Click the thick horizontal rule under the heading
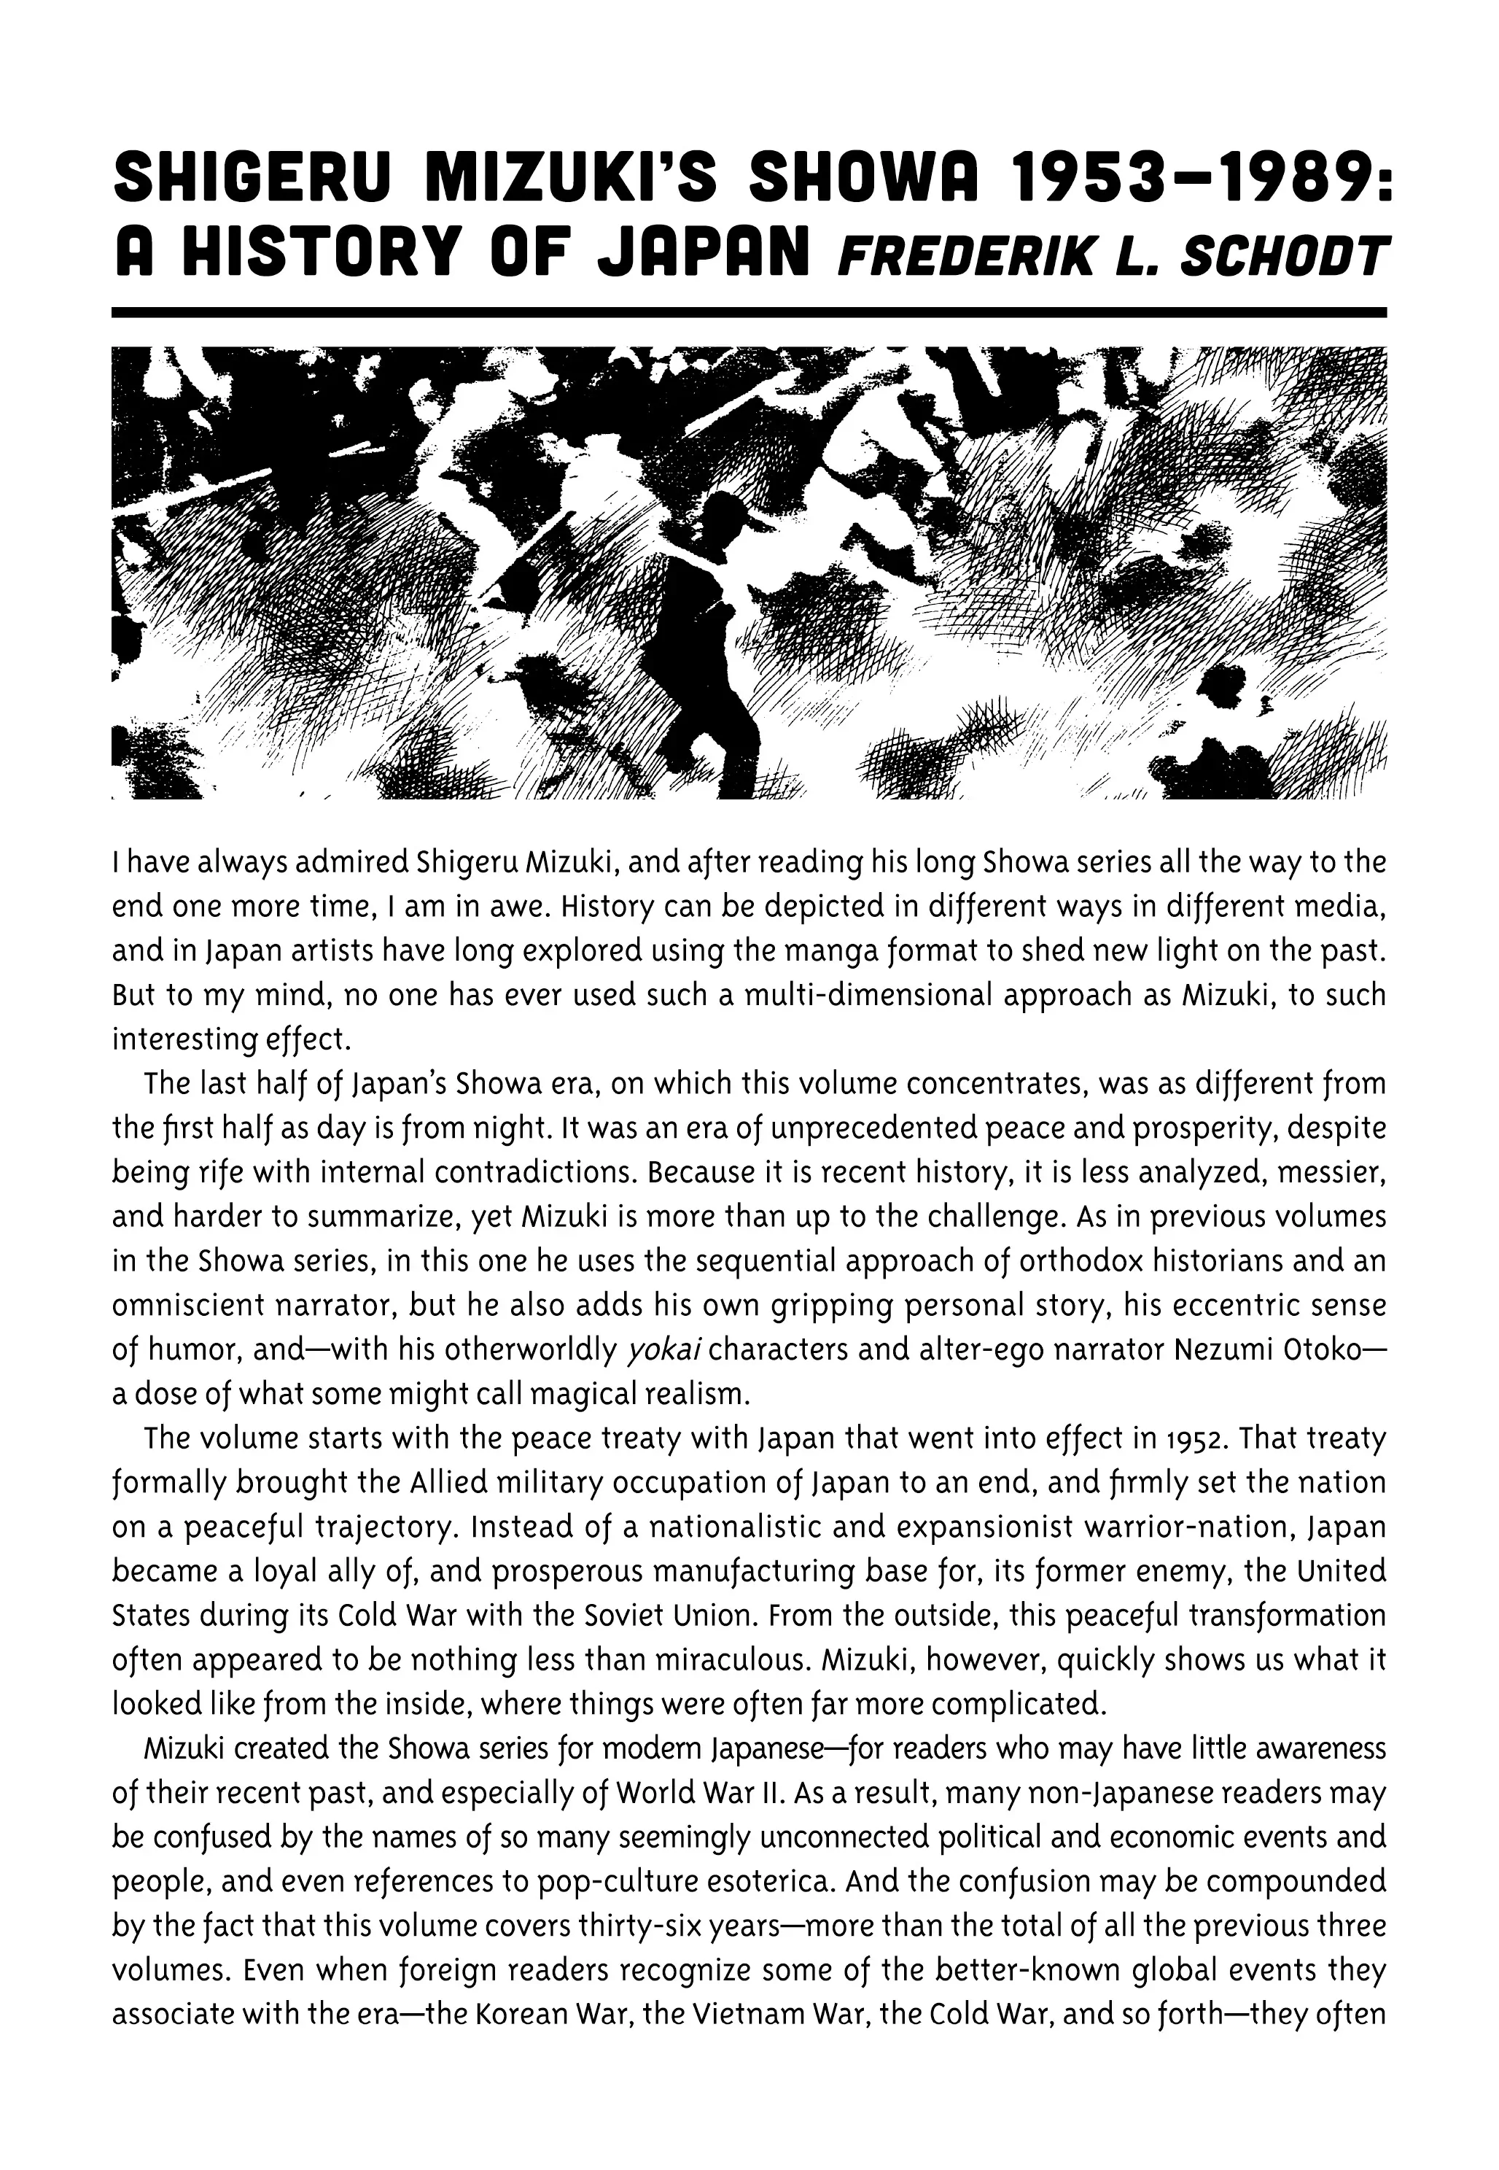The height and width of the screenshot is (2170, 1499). pyautogui.click(x=749, y=313)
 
